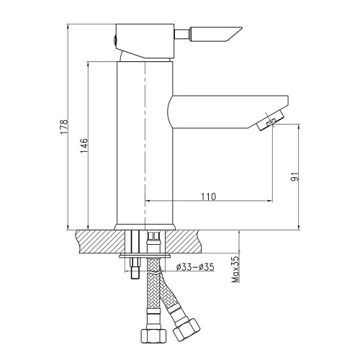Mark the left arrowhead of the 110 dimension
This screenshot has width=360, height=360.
[x=149, y=201]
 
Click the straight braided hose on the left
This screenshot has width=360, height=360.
[x=152, y=295]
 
